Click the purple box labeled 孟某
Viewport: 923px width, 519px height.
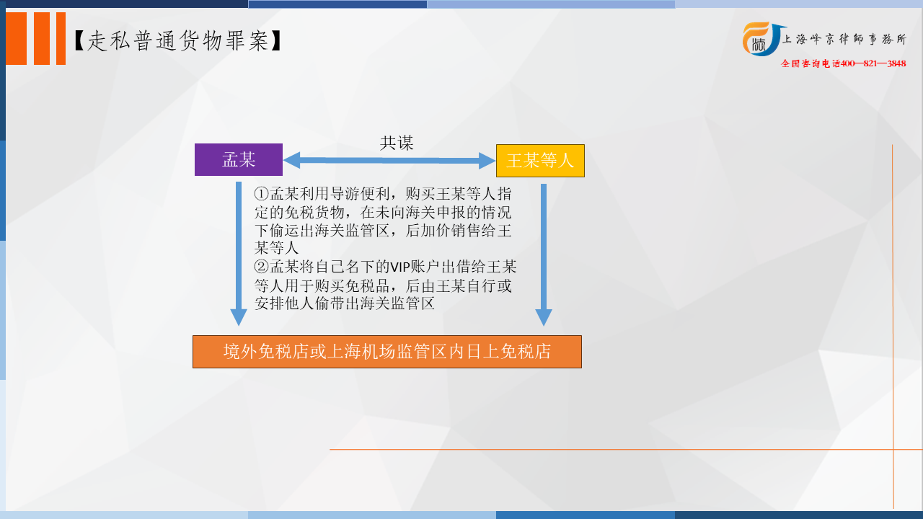click(239, 159)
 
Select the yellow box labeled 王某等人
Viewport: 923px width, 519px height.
click(540, 161)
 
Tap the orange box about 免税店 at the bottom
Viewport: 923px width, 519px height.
click(387, 352)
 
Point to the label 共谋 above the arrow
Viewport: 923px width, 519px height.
click(397, 143)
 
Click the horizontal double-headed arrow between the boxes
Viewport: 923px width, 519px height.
click(389, 160)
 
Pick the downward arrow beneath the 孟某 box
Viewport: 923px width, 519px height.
click(239, 254)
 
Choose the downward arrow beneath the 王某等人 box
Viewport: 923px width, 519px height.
click(544, 255)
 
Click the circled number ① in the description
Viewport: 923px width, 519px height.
click(262, 193)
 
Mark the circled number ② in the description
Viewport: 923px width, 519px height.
click(262, 267)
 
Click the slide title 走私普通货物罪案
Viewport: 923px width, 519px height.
click(178, 41)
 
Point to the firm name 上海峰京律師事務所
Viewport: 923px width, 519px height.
click(844, 39)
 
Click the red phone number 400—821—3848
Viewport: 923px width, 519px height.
click(873, 63)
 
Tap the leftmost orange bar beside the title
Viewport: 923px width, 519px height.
click(16, 38)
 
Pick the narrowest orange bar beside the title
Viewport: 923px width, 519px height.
click(61, 38)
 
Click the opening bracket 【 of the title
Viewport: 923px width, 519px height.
click(79, 41)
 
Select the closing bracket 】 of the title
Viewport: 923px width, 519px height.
click(276, 41)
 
